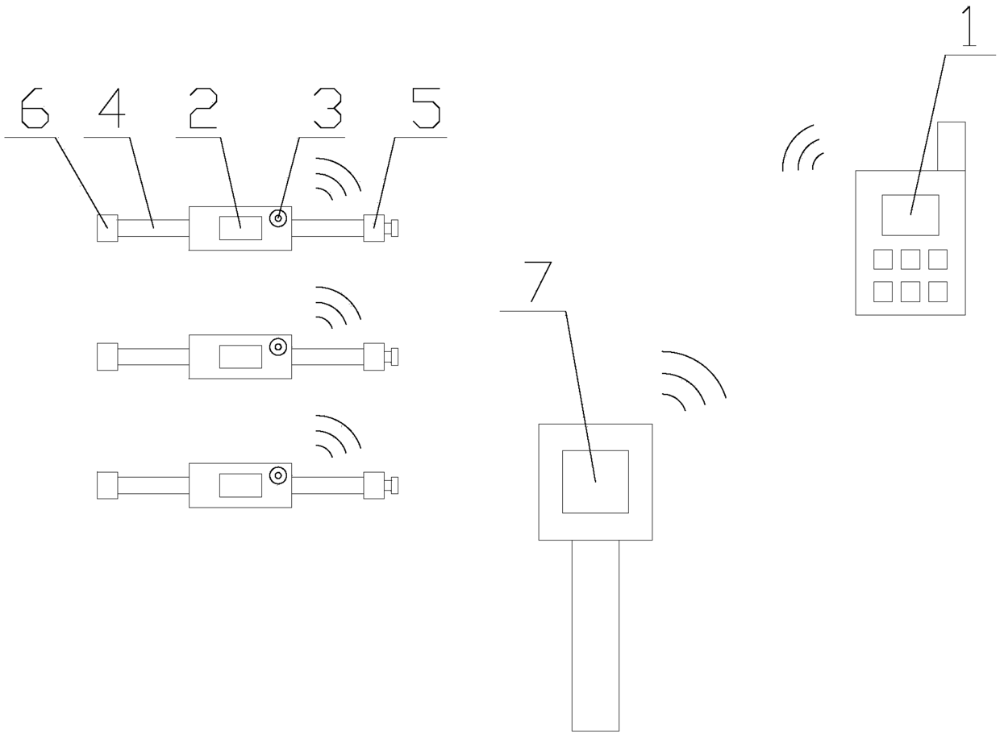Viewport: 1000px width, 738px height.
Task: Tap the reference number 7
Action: (540, 282)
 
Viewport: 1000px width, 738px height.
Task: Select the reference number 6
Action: (34, 109)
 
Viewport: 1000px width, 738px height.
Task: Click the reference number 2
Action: (203, 109)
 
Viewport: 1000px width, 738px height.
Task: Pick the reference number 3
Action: (328, 109)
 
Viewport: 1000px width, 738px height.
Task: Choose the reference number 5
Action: (426, 109)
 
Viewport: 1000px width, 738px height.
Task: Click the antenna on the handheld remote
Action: (951, 146)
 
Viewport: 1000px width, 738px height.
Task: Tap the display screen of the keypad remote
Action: (910, 214)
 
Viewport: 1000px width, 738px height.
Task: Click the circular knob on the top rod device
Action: (278, 218)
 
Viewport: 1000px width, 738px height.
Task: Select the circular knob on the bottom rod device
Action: (278, 475)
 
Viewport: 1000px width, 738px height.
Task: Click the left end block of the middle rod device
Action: (107, 357)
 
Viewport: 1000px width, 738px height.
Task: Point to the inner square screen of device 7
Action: (595, 482)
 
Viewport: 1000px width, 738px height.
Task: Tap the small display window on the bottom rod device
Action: (240, 485)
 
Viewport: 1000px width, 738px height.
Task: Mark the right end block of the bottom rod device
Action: (373, 485)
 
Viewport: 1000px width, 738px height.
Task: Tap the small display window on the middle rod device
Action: (240, 356)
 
